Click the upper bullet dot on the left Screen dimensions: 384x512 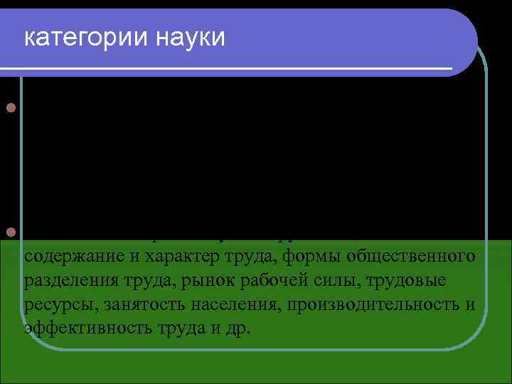click(10, 109)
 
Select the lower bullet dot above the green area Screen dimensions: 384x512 click(10, 233)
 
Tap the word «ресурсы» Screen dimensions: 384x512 click(53, 305)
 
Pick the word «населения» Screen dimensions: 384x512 click(213, 305)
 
